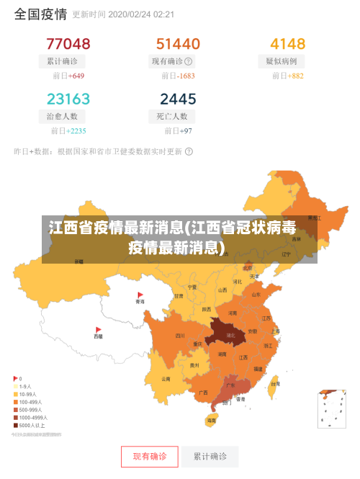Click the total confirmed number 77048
pyautogui.click(x=68, y=43)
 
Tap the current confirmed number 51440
pyautogui.click(x=178, y=43)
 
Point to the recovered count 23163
pyautogui.click(x=68, y=98)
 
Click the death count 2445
pyautogui.click(x=178, y=98)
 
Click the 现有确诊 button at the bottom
pyautogui.click(x=149, y=457)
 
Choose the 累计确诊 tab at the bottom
pyautogui.click(x=210, y=457)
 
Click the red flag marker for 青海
pyautogui.click(x=140, y=295)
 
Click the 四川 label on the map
pyautogui.click(x=179, y=335)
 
